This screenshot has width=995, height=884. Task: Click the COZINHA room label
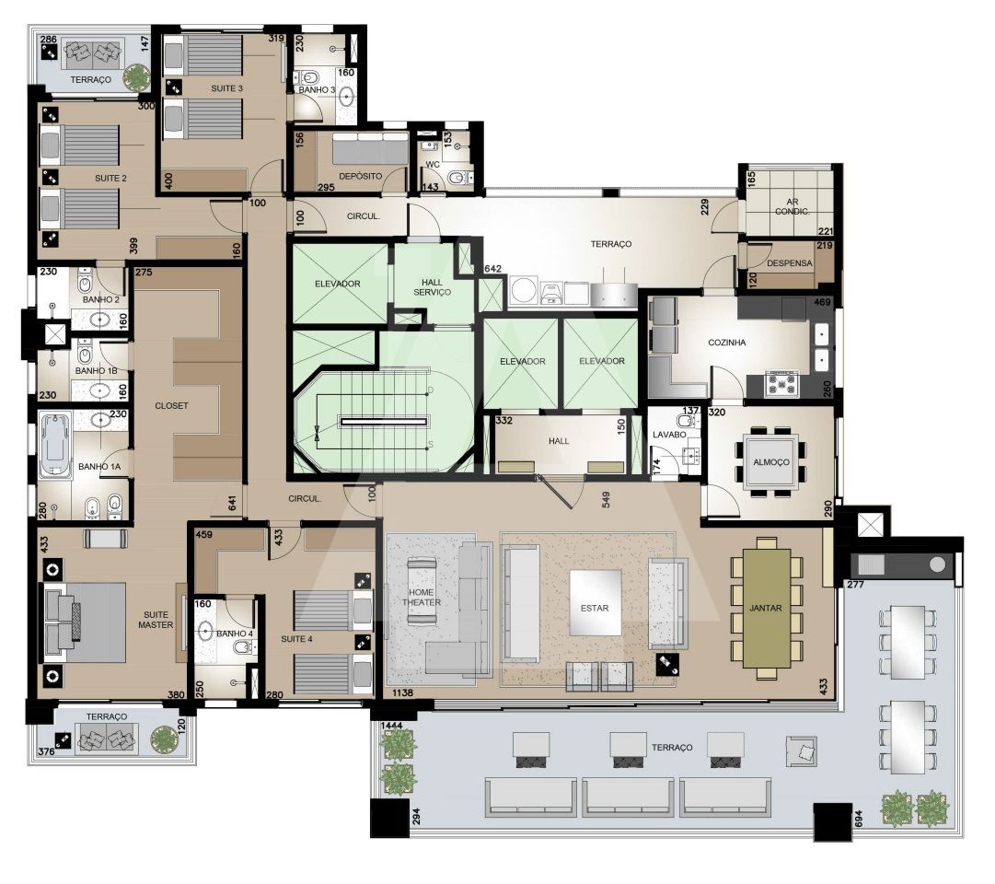click(x=726, y=343)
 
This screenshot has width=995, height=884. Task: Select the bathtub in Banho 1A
click(x=55, y=445)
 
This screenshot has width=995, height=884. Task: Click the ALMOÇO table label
click(x=771, y=462)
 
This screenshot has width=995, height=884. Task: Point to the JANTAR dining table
click(x=767, y=608)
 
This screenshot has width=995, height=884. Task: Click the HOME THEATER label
click(x=422, y=597)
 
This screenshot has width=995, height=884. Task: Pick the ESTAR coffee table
click(x=596, y=602)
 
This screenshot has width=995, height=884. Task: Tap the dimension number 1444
click(x=392, y=726)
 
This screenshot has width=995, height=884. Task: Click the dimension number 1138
click(x=403, y=692)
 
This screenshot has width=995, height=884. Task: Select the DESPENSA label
click(x=790, y=263)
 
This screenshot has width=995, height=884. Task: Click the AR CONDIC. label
click(x=792, y=206)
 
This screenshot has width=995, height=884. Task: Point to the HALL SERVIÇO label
click(x=432, y=287)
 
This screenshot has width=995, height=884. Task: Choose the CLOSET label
click(x=171, y=405)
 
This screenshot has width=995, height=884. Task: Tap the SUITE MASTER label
click(x=156, y=620)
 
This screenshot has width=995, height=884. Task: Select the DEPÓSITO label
click(x=361, y=176)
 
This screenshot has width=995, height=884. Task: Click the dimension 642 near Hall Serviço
click(x=493, y=269)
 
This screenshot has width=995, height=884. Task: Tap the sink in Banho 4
click(x=205, y=631)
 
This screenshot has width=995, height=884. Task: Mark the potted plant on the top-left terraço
click(x=136, y=76)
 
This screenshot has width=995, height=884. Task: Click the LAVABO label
click(x=669, y=435)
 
